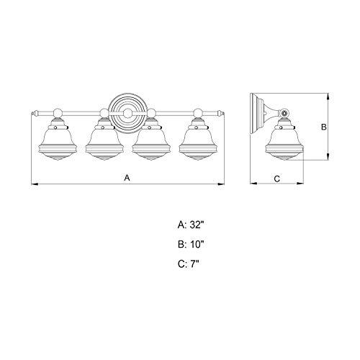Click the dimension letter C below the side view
[277, 176]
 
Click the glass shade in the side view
[284, 142]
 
